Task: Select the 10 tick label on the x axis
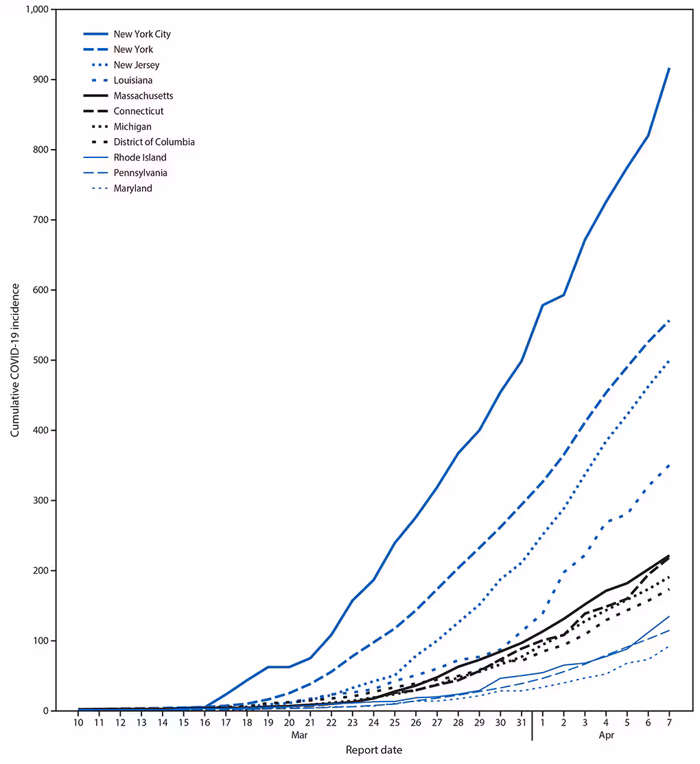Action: [78, 723]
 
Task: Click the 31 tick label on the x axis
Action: [522, 723]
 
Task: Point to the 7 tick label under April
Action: [669, 723]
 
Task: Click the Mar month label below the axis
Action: [299, 734]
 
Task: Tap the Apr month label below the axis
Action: [606, 734]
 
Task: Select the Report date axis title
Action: [373, 750]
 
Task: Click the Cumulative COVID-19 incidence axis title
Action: [14, 360]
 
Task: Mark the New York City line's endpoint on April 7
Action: [669, 68]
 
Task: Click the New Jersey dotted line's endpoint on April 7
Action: [669, 361]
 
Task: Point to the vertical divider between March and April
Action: [532, 727]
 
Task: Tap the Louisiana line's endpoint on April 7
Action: [669, 465]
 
